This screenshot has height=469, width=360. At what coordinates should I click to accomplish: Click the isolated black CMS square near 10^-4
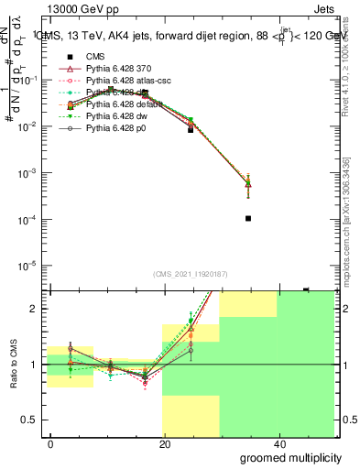(x=248, y=218)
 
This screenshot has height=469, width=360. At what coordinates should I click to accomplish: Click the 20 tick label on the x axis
(x=164, y=443)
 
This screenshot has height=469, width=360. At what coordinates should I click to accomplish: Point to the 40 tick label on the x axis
(x=277, y=443)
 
